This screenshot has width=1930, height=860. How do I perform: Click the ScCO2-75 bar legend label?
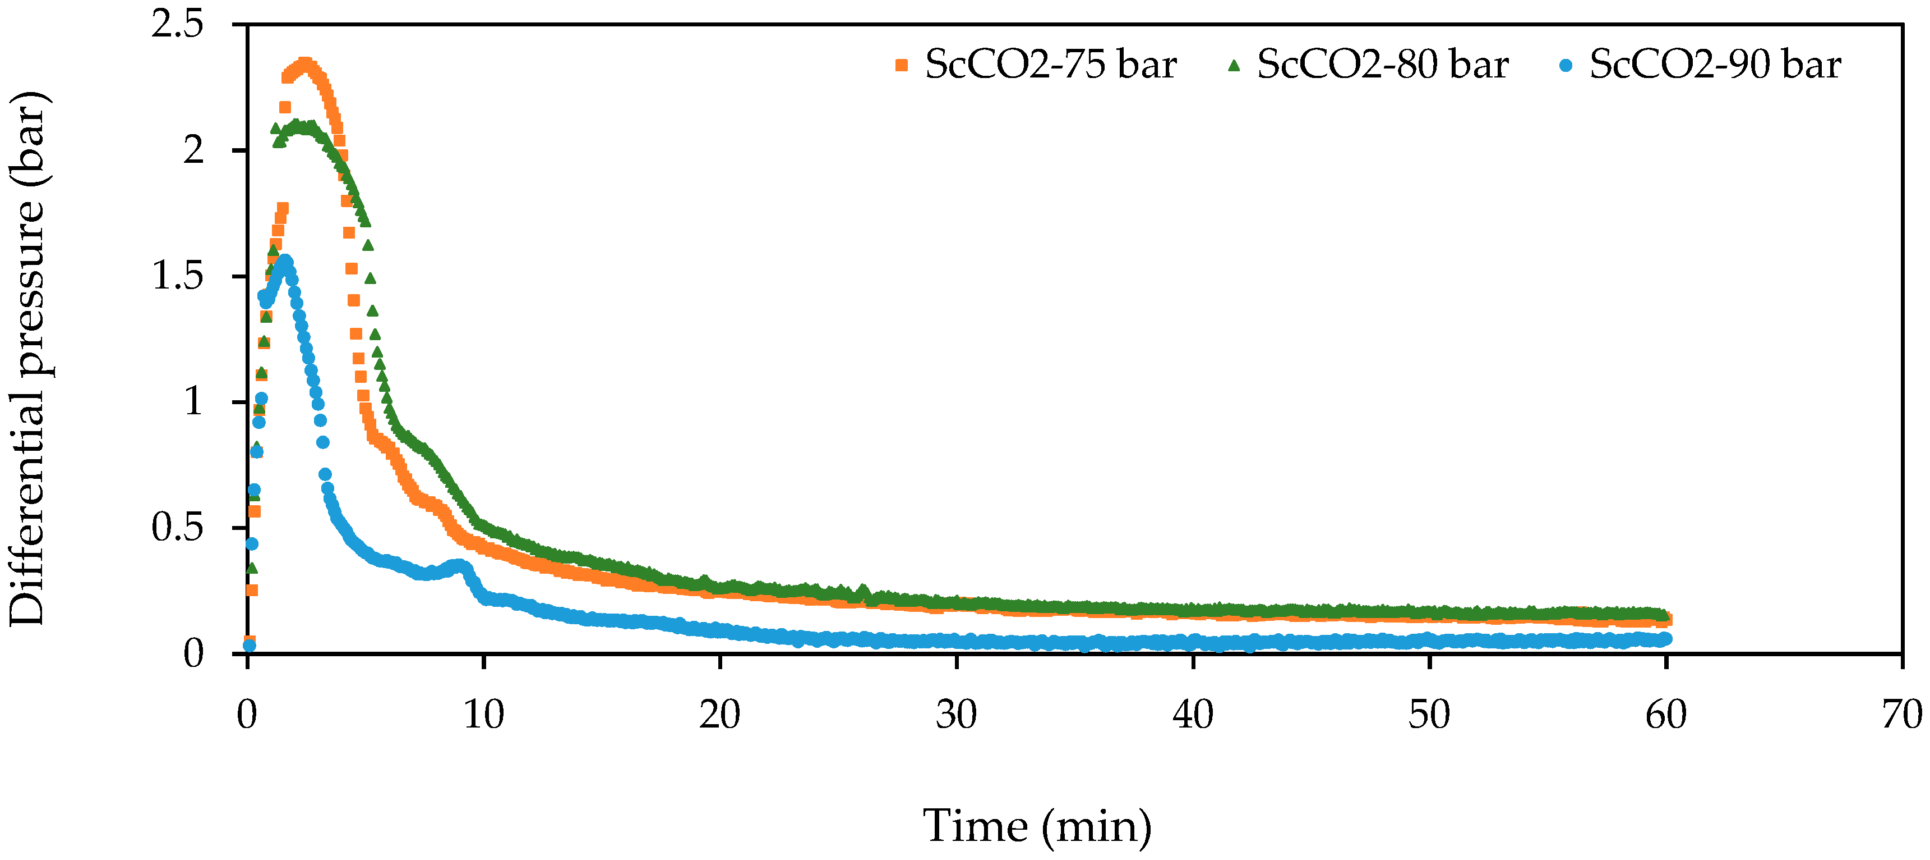1050,65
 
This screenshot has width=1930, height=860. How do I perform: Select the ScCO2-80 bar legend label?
1382,65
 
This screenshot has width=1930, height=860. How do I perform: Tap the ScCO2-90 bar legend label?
1715,65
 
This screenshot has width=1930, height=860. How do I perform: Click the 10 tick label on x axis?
483,715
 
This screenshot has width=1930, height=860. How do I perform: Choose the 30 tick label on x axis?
957,715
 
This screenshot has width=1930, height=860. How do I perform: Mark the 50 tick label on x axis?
1429,715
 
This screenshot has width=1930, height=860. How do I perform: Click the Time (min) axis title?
1037,826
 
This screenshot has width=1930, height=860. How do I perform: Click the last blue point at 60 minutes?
1665,639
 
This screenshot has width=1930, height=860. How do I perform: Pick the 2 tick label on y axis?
193,150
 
